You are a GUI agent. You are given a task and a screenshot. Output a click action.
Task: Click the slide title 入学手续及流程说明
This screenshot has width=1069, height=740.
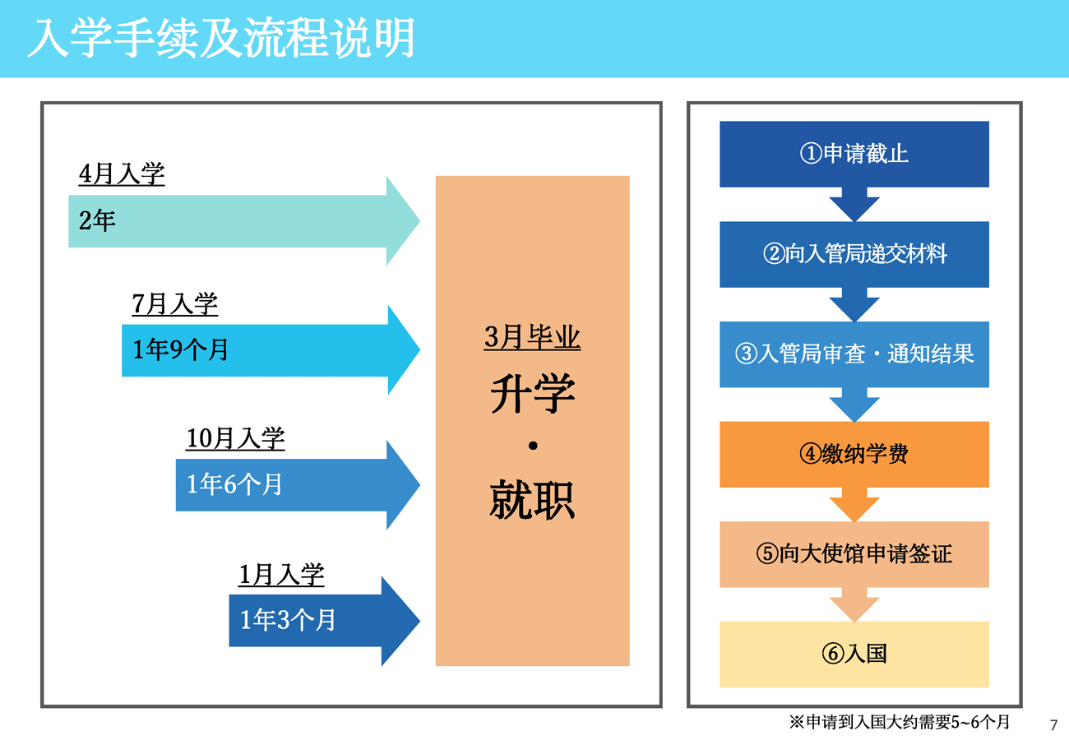221,38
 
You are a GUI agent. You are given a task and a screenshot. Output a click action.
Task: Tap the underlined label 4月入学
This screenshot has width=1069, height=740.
122,173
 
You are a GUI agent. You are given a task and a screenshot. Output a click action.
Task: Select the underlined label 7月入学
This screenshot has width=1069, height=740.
174,304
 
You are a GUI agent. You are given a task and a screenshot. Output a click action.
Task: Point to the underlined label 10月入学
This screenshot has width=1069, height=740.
235,438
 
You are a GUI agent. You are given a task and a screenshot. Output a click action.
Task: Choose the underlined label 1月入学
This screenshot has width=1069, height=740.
281,575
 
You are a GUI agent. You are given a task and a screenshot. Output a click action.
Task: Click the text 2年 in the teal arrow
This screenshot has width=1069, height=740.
97,220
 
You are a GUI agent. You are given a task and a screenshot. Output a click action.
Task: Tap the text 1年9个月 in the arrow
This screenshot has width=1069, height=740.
180,349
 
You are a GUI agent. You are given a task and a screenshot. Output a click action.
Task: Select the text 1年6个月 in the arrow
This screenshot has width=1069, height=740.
234,484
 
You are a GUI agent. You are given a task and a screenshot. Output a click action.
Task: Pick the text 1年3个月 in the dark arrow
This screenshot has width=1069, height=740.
287,620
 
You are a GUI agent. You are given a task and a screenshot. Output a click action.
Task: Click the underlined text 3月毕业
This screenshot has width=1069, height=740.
532,337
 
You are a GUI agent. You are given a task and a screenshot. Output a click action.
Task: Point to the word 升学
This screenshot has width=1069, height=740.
533,393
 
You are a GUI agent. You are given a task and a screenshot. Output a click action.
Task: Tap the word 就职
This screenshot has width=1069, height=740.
533,500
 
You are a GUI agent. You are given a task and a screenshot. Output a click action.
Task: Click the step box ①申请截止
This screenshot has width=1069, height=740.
854,154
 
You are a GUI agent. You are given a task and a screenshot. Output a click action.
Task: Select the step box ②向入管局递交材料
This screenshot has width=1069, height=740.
854,254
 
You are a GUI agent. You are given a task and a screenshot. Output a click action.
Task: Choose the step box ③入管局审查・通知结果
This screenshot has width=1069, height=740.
854,354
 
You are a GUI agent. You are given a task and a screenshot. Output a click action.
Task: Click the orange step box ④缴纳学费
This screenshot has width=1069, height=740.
854,454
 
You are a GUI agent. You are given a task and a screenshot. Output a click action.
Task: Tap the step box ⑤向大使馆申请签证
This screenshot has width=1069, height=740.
854,554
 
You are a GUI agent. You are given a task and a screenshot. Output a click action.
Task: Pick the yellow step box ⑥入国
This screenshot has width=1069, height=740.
854,654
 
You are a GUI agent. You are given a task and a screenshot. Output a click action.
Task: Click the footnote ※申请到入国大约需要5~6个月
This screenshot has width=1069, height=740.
900,722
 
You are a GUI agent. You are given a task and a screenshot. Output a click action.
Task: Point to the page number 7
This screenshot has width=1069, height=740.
1053,725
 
